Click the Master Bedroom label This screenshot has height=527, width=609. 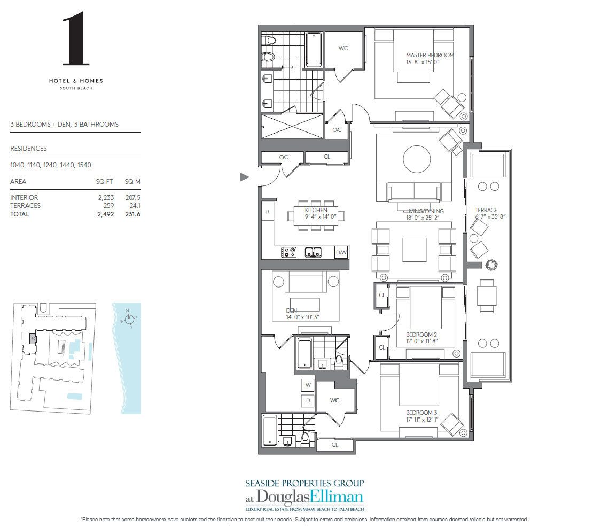click(430, 55)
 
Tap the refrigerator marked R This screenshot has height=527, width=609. click(268, 212)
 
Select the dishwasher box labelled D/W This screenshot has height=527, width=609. click(341, 253)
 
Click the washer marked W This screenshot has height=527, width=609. click(308, 385)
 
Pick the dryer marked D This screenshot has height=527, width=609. click(308, 401)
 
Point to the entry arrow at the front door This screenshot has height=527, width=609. click(245, 177)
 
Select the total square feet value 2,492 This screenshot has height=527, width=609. click(106, 214)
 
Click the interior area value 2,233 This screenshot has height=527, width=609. click(106, 197)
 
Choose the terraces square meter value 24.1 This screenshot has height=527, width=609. click(135, 206)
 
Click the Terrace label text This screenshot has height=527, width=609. click(486, 210)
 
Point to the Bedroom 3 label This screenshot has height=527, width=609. click(421, 413)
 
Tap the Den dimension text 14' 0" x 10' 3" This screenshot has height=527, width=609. click(302, 317)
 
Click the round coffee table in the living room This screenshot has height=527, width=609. click(417, 159)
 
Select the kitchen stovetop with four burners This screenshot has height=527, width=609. click(288, 253)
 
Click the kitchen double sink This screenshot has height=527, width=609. click(313, 253)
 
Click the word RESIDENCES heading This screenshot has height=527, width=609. click(28, 149)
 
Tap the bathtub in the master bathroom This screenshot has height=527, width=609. click(314, 49)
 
